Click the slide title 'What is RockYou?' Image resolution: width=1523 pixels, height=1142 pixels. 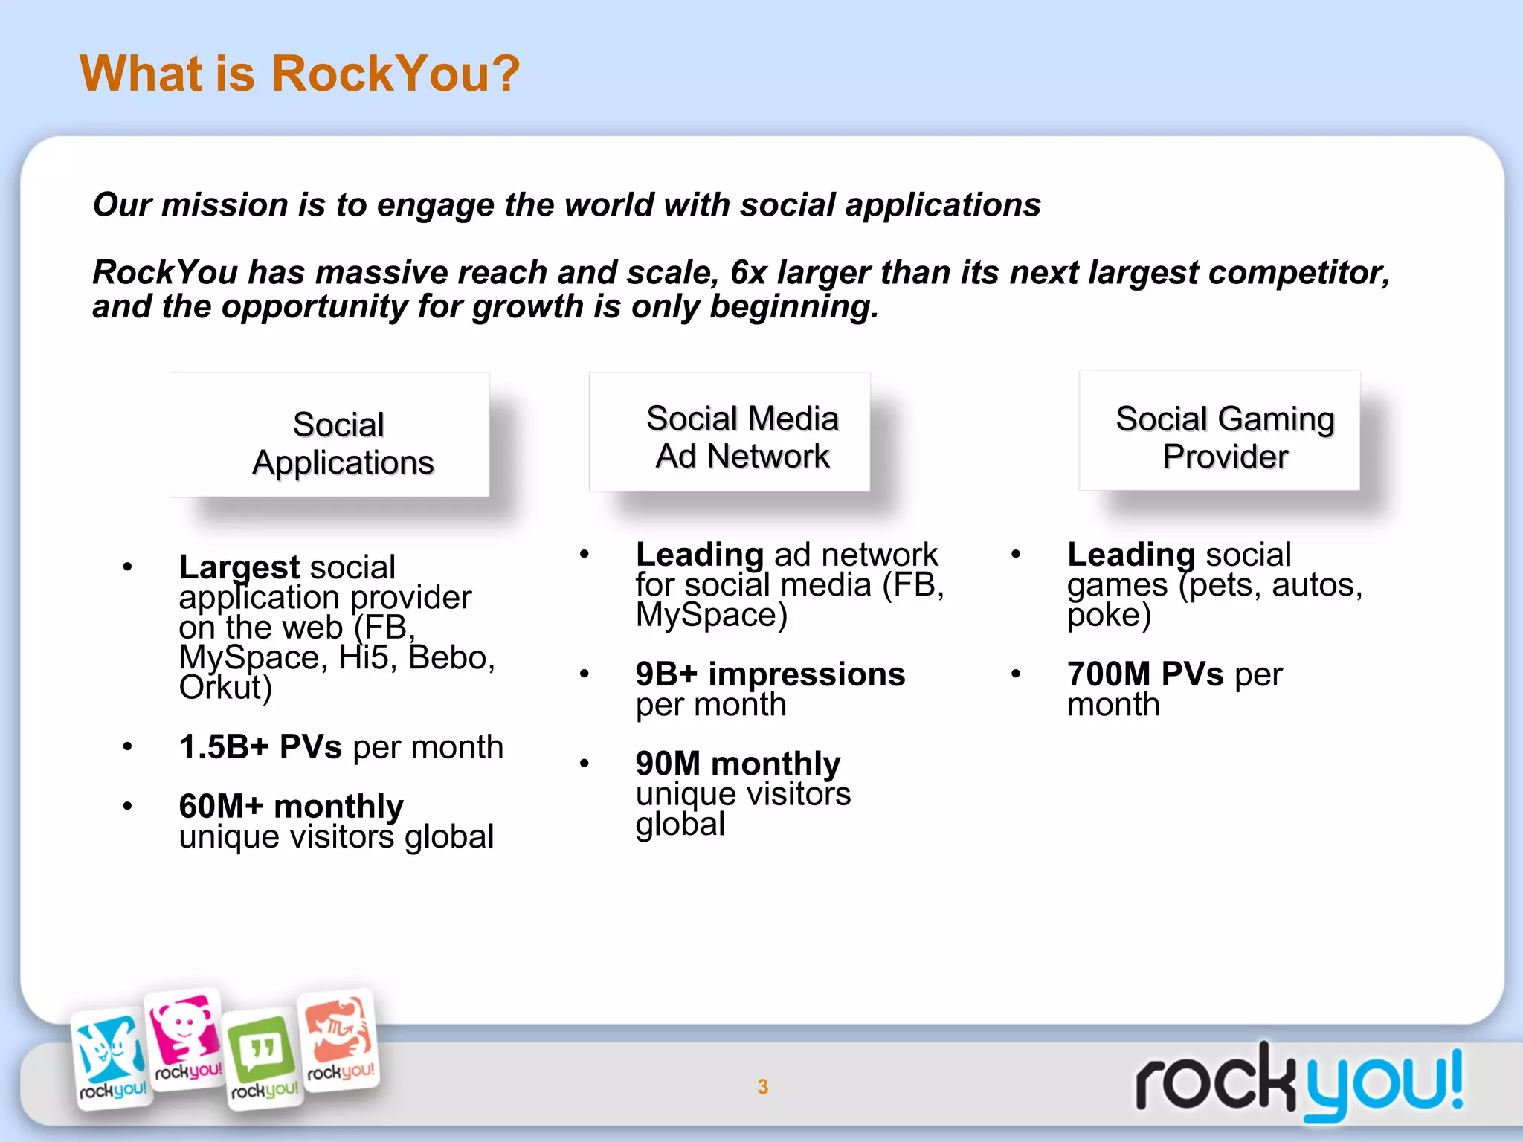click(299, 74)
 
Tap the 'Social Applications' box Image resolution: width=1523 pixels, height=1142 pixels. click(329, 435)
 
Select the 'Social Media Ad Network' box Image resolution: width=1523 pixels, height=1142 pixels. click(730, 432)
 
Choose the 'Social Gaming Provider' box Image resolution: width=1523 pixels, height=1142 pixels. click(1220, 431)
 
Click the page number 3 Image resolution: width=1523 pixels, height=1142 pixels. click(762, 1086)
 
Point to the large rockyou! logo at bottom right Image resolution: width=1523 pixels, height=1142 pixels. click(1298, 1082)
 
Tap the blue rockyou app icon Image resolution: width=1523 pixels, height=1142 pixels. click(112, 1056)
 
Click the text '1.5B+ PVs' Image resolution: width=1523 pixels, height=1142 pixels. click(260, 746)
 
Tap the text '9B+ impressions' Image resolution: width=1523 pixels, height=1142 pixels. click(770, 674)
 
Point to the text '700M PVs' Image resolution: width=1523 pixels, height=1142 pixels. click(1145, 674)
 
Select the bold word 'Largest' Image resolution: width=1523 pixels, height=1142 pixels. click(239, 567)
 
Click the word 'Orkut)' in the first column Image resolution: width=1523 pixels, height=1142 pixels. click(225, 688)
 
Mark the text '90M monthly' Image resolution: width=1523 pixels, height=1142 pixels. click(738, 764)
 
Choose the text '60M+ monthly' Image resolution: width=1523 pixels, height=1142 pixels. click(292, 807)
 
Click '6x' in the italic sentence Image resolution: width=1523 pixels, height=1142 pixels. click(748, 273)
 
